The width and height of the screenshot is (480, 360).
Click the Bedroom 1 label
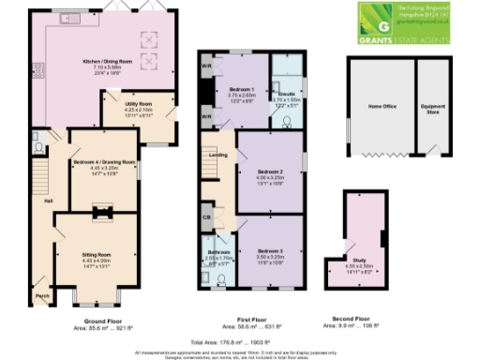click(x=242, y=88)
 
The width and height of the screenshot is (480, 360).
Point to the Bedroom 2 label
click(x=270, y=172)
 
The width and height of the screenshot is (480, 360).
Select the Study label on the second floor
click(x=360, y=260)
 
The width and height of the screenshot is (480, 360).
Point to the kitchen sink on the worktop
click(x=69, y=19)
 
